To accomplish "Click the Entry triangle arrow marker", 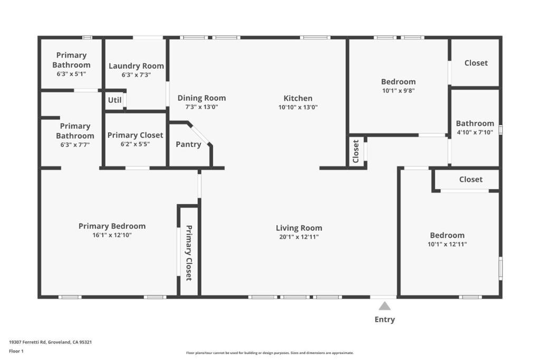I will [x=385, y=306].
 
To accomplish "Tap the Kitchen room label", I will [x=298, y=98].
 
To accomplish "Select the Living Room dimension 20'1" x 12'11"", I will [x=299, y=237].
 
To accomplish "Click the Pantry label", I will [x=188, y=144].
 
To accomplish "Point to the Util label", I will [x=114, y=100].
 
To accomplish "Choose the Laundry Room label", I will [x=136, y=66].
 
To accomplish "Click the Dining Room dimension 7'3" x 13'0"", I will [x=201, y=107].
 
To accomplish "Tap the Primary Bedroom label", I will [x=112, y=226].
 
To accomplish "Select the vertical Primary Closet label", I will [x=189, y=252].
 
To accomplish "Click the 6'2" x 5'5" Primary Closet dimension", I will [x=135, y=144].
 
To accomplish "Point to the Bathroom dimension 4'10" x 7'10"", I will [x=475, y=132].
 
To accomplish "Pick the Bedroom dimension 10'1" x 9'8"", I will [x=398, y=91].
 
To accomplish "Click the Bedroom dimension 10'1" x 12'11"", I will [x=447, y=244].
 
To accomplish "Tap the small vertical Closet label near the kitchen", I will [x=356, y=151].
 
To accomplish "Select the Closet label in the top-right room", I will [x=476, y=63].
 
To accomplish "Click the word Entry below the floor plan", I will [x=384, y=319].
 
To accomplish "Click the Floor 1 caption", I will [x=16, y=351].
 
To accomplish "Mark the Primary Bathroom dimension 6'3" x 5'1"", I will [x=71, y=74].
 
